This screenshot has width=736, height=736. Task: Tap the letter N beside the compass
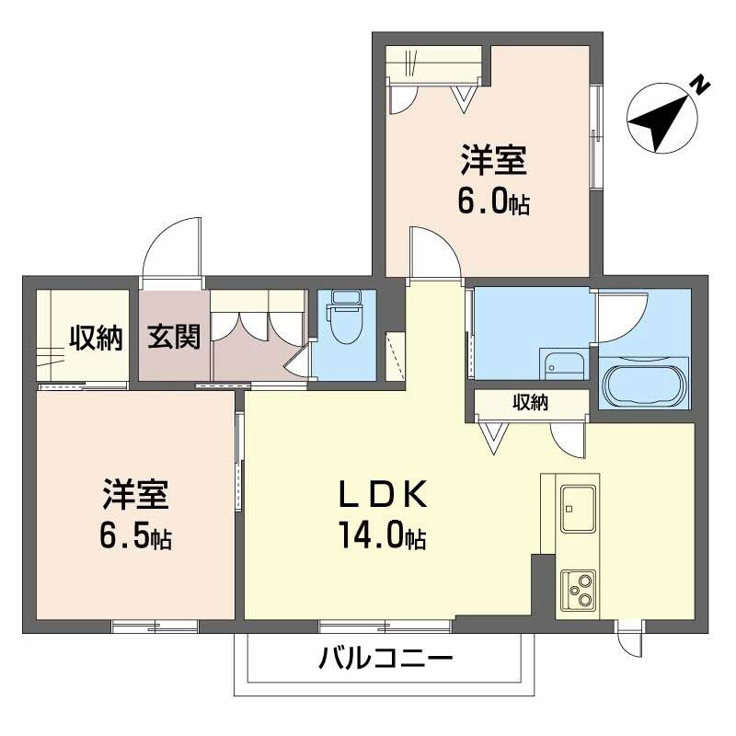pos(701,86)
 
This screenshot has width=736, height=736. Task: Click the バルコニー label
pos(386,660)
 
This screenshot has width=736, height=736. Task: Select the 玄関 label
pos(174,338)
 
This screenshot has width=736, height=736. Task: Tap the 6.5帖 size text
pos(134,536)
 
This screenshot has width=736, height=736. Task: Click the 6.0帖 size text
pos(493,202)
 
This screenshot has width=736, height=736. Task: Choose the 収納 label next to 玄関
pos(95,339)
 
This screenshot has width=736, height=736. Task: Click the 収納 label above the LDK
pos(531,402)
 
